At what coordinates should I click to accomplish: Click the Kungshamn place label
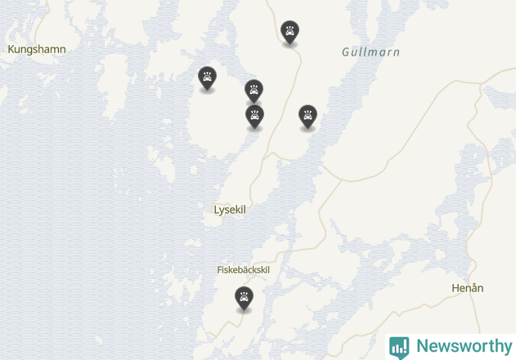(36, 49)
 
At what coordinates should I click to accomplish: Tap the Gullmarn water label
(370, 52)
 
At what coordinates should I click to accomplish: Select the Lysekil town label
(230, 209)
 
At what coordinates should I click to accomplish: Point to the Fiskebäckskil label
(243, 270)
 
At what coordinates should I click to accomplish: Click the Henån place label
(468, 288)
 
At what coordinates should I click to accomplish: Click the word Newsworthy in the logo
(463, 346)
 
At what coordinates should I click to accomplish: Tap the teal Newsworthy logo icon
(399, 347)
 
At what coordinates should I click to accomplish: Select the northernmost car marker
(289, 32)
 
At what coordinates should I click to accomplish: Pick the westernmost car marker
(208, 78)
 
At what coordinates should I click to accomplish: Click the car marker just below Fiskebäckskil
(244, 298)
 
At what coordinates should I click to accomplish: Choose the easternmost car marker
(307, 115)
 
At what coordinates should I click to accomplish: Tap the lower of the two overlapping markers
(255, 116)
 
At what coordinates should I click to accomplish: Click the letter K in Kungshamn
(11, 49)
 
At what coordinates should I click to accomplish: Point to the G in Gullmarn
(346, 52)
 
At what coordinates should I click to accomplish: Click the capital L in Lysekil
(217, 209)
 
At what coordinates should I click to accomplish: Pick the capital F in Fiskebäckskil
(219, 270)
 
